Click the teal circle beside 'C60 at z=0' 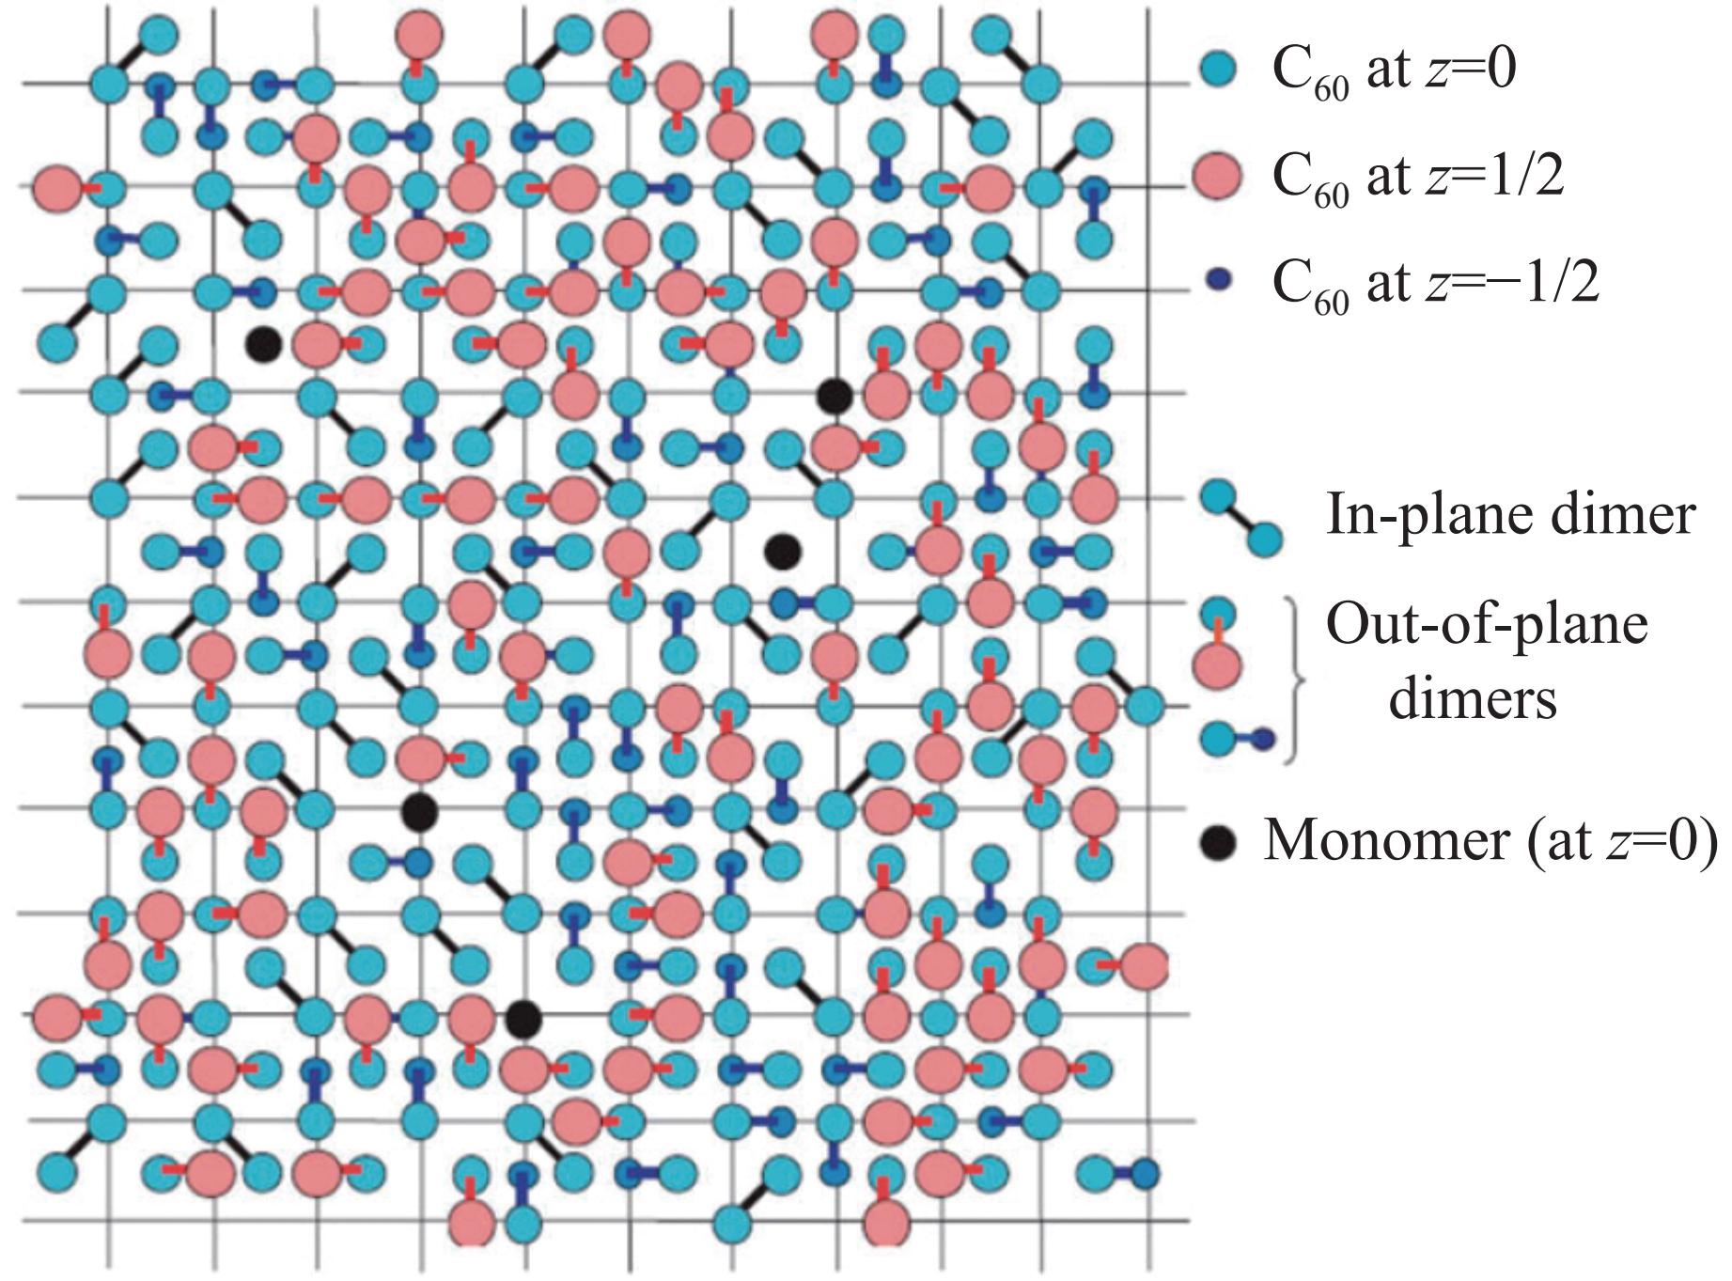pyautogui.click(x=1219, y=70)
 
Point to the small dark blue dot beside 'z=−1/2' pyautogui.click(x=1218, y=281)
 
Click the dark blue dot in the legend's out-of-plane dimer pyautogui.click(x=1263, y=739)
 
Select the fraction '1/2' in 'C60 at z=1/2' pyautogui.click(x=1527, y=175)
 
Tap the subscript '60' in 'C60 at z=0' pyautogui.click(x=1332, y=89)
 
